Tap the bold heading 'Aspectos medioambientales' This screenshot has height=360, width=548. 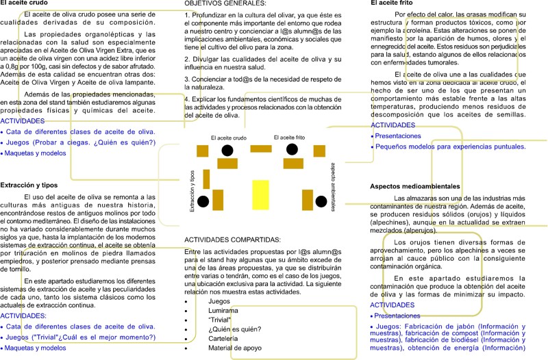pos(414,186)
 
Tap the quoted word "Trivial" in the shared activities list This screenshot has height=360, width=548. pos(220,320)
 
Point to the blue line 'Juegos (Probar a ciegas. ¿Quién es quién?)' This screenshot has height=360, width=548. pos(81,142)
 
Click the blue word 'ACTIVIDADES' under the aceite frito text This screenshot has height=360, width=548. pos(393,125)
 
